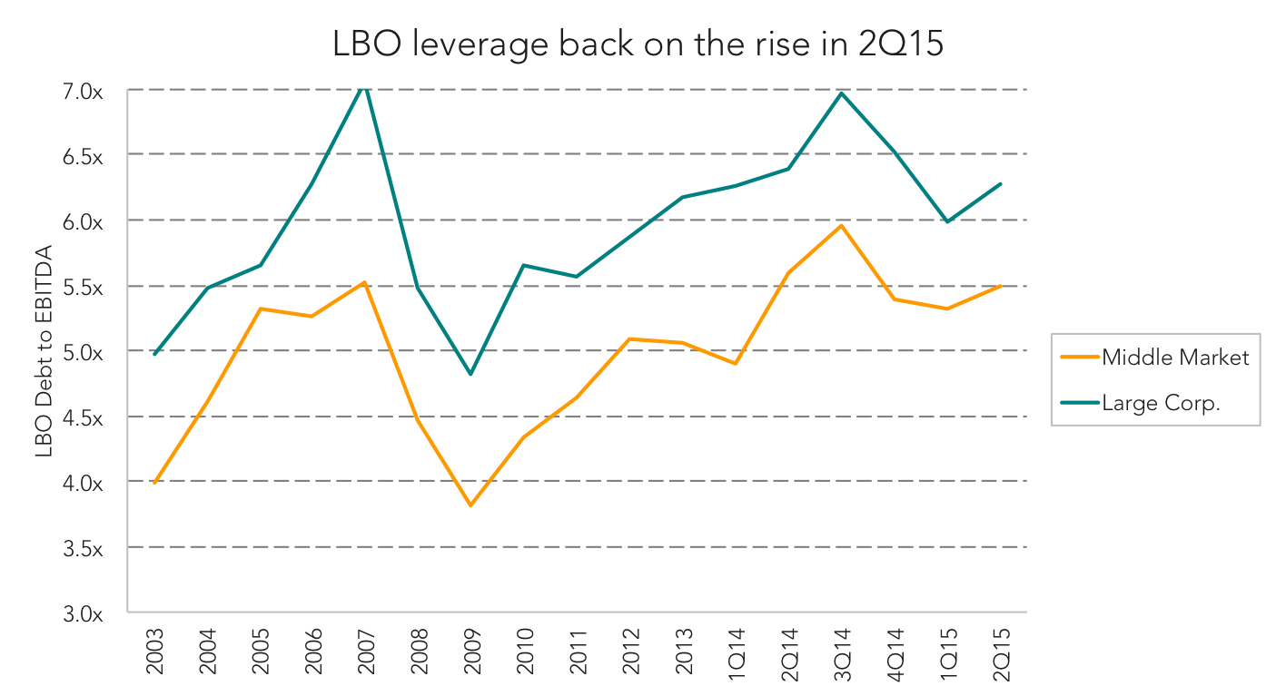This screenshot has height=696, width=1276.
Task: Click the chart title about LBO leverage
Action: pos(638,44)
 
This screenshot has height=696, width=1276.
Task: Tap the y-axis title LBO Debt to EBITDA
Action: pos(44,351)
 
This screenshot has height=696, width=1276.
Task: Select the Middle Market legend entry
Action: pos(1154,358)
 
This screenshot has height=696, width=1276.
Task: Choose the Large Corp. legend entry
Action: pos(1140,403)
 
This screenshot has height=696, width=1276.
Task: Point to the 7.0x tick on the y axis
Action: pos(83,91)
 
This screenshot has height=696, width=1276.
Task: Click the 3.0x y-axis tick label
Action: pos(83,614)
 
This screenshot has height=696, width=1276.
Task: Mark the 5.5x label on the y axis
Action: pos(83,288)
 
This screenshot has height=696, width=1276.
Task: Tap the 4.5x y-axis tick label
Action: pos(83,418)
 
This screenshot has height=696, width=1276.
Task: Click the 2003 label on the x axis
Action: pos(155,651)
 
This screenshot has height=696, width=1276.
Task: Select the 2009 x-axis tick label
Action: pos(471,651)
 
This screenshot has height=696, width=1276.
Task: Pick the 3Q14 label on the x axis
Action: pos(842,654)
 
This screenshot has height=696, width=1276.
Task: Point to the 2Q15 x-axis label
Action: pos(1001,654)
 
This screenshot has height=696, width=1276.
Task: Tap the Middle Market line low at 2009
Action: pos(471,505)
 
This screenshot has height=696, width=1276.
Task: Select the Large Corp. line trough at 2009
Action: pos(471,374)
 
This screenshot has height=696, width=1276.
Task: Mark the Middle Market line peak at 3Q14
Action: pos(841,225)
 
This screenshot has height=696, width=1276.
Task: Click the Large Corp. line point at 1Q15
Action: pos(947,221)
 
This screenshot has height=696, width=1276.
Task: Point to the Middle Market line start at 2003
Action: pos(155,483)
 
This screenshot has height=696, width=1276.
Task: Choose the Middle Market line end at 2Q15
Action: pos(1000,286)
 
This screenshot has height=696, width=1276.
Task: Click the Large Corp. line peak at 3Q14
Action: pos(841,93)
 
